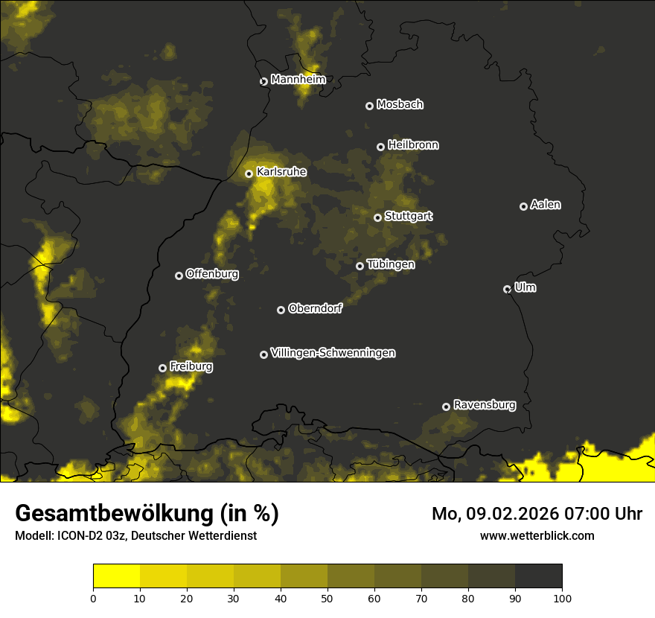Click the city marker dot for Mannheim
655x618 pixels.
click(x=263, y=82)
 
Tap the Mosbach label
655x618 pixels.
click(x=400, y=105)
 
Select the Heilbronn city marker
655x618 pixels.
click(x=380, y=147)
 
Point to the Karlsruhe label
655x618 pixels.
click(x=281, y=172)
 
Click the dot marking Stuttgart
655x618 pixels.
click(x=377, y=217)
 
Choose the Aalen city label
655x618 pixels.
click(x=546, y=205)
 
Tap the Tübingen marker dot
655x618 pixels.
click(x=360, y=266)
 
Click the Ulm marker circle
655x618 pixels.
click(x=507, y=289)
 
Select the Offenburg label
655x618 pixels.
click(x=212, y=274)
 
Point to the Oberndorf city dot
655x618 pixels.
click(x=281, y=310)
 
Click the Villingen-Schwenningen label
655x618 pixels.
click(x=333, y=353)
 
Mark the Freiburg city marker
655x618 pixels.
click(x=162, y=368)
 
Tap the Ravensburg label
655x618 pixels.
click(x=485, y=405)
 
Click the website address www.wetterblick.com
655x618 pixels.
click(x=537, y=535)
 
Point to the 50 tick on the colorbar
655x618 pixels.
click(x=327, y=597)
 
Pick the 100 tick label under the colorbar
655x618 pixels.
click(x=562, y=597)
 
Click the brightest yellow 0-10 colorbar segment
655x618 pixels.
click(x=116, y=576)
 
